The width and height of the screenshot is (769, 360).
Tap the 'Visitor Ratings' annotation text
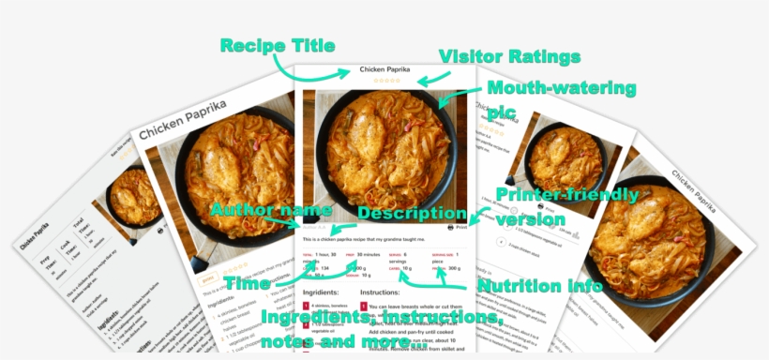(509, 57)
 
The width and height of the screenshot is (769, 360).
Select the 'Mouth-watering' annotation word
(561, 90)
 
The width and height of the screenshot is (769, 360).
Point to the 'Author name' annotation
(270, 209)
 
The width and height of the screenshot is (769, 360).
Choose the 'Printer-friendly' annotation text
(567, 196)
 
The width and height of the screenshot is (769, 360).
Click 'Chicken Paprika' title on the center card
(385, 69)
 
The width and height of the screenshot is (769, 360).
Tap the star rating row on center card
(385, 81)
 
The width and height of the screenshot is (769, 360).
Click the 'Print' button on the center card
(457, 227)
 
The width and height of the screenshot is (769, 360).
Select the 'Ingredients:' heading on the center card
(321, 293)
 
